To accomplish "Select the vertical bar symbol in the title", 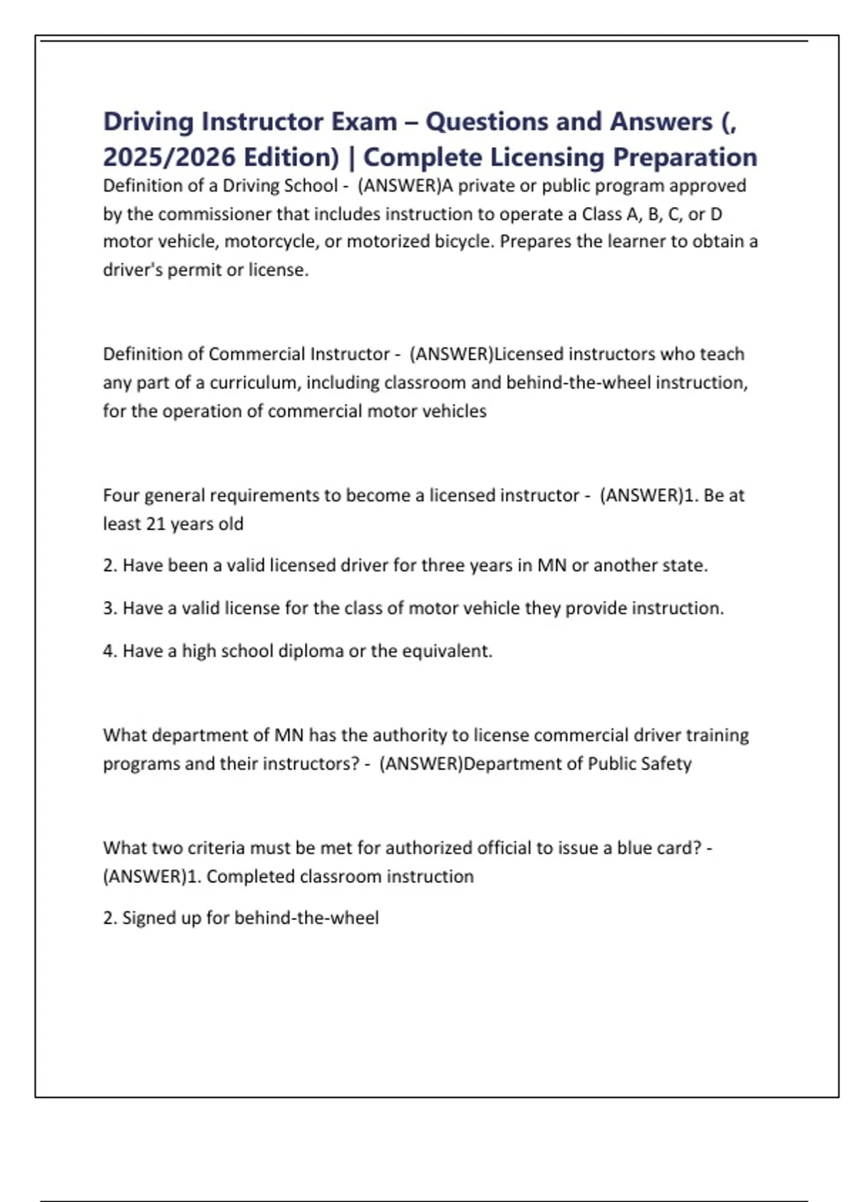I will tap(352, 157).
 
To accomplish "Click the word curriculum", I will tap(254, 383).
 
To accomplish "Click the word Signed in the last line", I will tap(146, 918).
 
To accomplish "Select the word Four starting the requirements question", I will tap(121, 496).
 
